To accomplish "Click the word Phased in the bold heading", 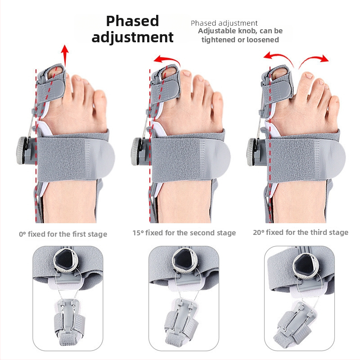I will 132,21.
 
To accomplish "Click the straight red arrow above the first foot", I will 65,56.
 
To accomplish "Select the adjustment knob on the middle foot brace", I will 137,148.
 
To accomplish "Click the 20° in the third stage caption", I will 259,233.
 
